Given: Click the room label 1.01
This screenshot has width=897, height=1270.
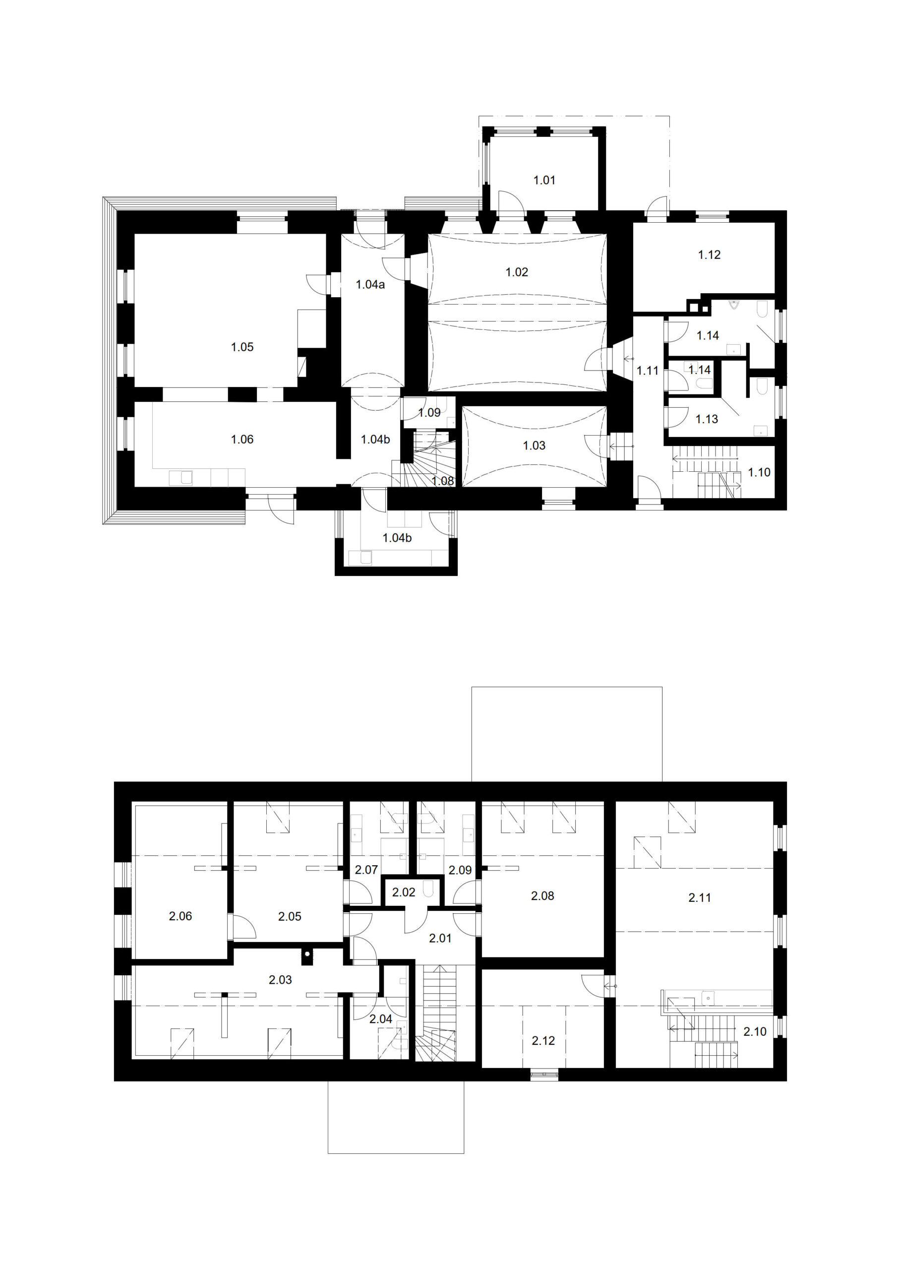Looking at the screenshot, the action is click(x=544, y=180).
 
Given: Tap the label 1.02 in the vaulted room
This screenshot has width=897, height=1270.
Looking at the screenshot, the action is click(x=517, y=272).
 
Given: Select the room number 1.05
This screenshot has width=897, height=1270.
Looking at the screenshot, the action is click(x=242, y=347).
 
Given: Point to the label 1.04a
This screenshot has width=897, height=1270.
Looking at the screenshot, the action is click(x=370, y=285).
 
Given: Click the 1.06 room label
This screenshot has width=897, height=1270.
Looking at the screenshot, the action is click(x=242, y=440).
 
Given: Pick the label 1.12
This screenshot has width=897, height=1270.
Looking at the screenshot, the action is click(x=709, y=255).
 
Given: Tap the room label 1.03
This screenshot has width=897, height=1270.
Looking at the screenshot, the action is click(x=534, y=446).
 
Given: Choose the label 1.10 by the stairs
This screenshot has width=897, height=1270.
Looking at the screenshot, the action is click(x=759, y=472).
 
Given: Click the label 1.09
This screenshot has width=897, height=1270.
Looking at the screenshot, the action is click(x=429, y=413).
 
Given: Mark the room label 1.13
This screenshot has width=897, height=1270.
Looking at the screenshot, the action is click(x=707, y=419).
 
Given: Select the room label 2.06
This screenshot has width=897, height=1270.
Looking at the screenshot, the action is click(x=180, y=917).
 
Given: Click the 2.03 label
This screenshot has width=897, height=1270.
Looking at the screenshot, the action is click(x=280, y=980).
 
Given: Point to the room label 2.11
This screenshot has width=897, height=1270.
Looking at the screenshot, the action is click(x=700, y=898).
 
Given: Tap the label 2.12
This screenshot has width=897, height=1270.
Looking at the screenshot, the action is click(x=543, y=1041).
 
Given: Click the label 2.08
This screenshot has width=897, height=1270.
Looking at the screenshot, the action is click(x=542, y=896).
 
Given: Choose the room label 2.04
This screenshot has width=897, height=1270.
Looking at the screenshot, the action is click(x=380, y=1019).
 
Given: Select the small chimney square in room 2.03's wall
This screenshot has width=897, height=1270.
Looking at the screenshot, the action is click(x=307, y=953).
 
